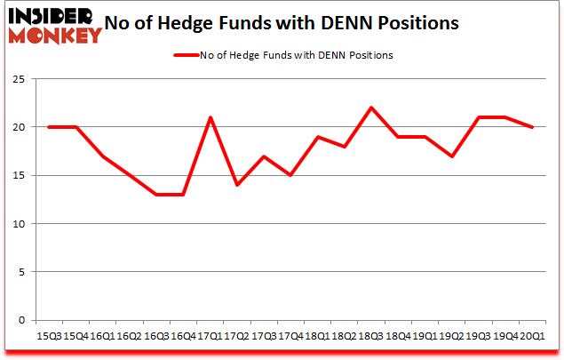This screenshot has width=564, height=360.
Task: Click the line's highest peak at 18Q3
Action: [370, 108]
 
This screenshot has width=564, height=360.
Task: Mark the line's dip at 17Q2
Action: [236, 185]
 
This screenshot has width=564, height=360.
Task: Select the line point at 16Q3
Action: [155, 195]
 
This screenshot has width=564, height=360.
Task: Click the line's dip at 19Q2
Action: [451, 156]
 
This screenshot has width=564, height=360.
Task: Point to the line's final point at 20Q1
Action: [531, 127]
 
